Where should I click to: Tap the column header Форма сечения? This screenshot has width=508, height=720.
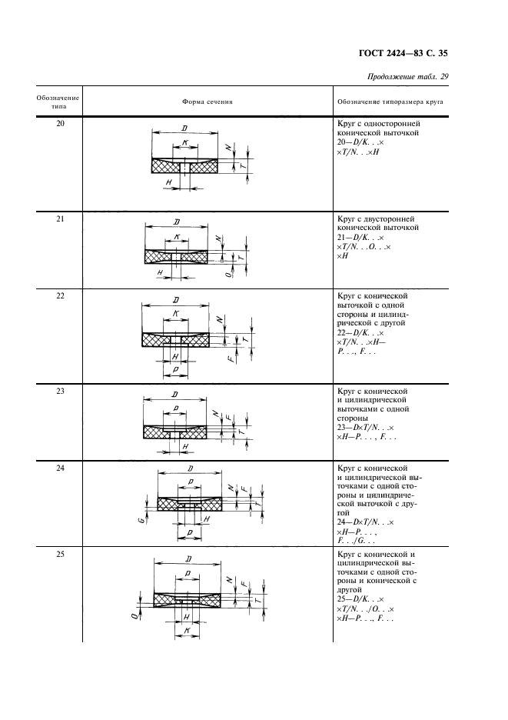coord(208,101)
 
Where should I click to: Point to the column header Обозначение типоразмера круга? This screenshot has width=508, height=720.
coord(390,101)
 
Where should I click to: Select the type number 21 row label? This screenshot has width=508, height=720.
coord(60,220)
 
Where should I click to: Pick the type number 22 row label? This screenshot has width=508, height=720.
coord(60,296)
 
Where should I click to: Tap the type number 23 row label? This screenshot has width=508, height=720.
coord(60,391)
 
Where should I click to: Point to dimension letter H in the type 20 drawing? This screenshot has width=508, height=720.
coord(168,182)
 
